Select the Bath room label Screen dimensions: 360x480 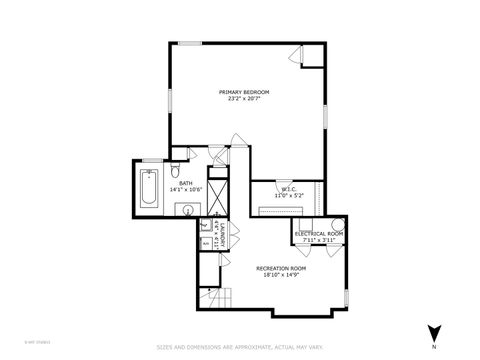(186, 183)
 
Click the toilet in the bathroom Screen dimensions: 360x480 (175, 168)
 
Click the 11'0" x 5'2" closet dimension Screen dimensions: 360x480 (287, 196)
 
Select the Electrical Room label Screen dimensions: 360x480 (319, 233)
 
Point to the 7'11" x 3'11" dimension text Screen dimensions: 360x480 (319, 240)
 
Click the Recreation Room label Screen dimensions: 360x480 (281, 269)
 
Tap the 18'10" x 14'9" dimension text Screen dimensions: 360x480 (281, 275)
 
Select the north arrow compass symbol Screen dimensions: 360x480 (434, 332)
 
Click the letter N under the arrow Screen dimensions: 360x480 (434, 347)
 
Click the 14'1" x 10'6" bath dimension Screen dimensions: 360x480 (186, 189)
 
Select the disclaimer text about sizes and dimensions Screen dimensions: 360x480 (240, 347)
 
